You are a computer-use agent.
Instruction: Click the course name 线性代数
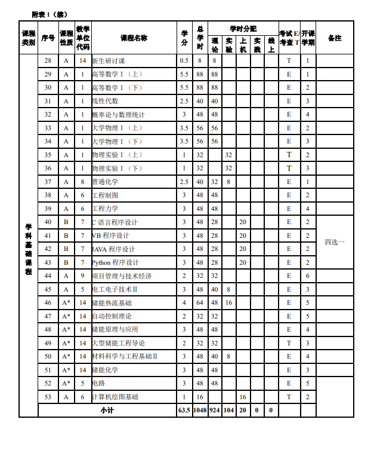[105, 101]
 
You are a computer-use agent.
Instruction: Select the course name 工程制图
[105, 195]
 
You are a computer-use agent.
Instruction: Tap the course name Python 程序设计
[116, 262]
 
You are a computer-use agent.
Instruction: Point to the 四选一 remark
[335, 242]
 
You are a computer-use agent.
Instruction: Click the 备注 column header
[335, 38]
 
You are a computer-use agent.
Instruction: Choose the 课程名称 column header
[134, 38]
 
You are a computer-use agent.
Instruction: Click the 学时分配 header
[243, 28]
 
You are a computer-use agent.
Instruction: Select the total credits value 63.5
[184, 411]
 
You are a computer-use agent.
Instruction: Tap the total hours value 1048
[200, 411]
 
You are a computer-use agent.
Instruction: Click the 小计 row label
[107, 411]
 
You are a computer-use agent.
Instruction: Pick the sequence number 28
[48, 61]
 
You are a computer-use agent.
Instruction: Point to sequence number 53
[48, 397]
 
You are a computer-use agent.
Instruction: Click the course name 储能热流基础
[112, 303]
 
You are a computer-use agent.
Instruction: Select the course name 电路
[98, 384]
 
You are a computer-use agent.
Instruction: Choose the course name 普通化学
[105, 182]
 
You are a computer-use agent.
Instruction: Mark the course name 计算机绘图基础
[115, 397]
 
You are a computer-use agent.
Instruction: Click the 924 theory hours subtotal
[215, 411]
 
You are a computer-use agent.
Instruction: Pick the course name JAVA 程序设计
[114, 249]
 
